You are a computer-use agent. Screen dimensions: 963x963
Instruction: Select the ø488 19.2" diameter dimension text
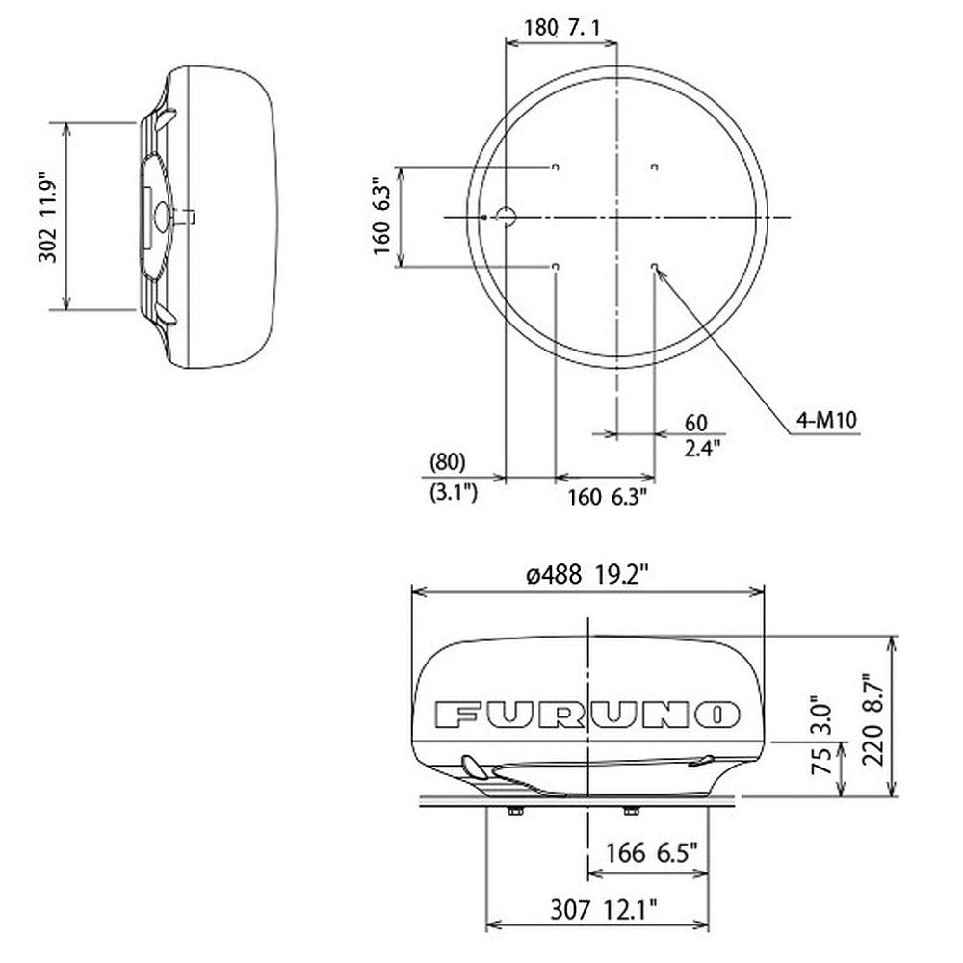point(587,575)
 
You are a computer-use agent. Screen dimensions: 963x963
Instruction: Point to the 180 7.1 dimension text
point(562,29)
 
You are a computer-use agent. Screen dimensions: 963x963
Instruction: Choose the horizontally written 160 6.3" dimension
point(606,496)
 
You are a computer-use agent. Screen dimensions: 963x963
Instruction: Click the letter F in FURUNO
point(456,716)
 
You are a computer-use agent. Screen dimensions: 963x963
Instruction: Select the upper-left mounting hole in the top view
point(556,168)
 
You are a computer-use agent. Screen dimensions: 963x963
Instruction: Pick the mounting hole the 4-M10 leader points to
point(655,266)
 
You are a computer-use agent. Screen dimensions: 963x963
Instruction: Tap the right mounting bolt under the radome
point(631,810)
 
